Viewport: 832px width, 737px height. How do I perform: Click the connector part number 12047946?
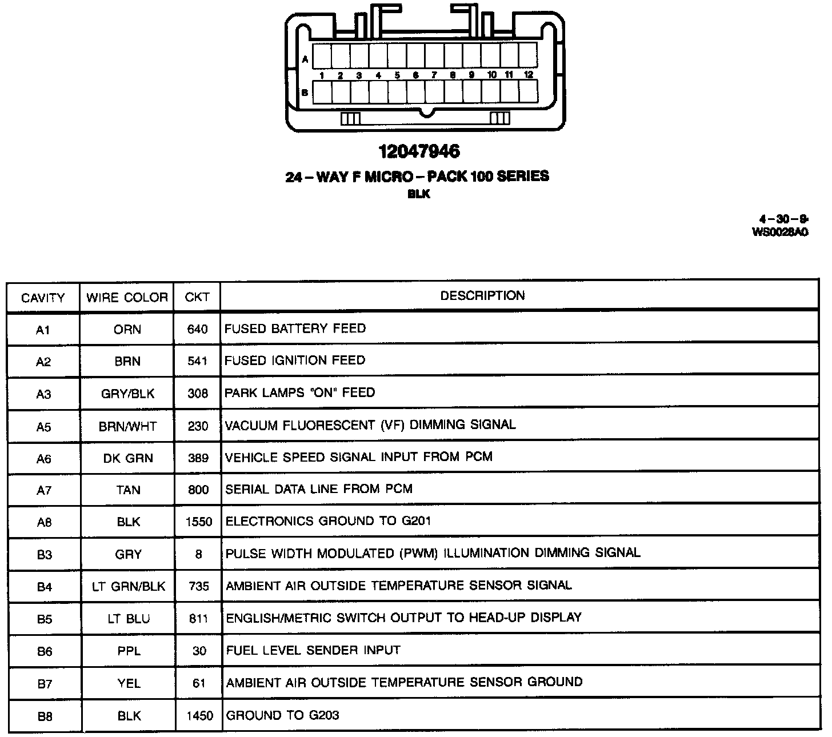[x=419, y=151]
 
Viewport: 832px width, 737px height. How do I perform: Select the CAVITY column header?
[x=43, y=298]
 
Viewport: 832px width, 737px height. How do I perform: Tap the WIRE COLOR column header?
[x=127, y=298]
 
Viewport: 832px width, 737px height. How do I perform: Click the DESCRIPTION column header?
[x=482, y=295]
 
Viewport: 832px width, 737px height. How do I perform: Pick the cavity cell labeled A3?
[x=43, y=394]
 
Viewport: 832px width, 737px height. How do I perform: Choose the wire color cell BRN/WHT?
[x=127, y=426]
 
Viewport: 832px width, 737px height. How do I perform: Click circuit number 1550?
[x=198, y=522]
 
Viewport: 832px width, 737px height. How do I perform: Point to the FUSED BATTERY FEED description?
[x=295, y=329]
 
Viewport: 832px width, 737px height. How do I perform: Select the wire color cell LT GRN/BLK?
[x=129, y=586]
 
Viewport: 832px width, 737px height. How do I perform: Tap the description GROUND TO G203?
[x=282, y=715]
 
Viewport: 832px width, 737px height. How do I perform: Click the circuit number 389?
[x=198, y=458]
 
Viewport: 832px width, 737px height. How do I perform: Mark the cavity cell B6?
[x=45, y=651]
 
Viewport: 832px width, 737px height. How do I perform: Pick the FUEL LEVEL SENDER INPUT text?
[x=313, y=650]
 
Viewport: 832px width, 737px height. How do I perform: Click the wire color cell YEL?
[x=129, y=683]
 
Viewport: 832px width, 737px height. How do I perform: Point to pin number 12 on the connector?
[x=529, y=75]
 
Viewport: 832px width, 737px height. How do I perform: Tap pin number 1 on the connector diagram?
[x=322, y=75]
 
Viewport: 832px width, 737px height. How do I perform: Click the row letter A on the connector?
[x=305, y=59]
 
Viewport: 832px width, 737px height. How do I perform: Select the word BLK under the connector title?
[x=419, y=194]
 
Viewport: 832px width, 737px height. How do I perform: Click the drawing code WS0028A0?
[x=780, y=232]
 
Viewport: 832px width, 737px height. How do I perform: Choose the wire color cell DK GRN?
[x=128, y=458]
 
